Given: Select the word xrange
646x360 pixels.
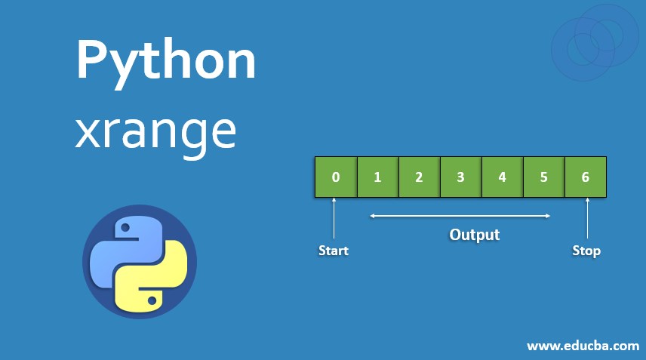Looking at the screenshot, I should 155,133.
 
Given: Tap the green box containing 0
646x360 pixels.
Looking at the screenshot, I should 335,177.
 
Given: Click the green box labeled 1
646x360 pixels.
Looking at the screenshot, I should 377,177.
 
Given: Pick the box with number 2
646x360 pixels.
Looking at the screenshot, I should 419,177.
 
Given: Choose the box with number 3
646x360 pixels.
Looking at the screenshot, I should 460,177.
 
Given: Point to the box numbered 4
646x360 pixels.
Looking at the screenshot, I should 502,177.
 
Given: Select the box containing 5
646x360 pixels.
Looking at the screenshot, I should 543,177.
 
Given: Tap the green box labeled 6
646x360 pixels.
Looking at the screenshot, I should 586,177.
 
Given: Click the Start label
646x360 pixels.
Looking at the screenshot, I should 334,251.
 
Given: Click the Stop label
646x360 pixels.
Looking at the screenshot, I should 586,251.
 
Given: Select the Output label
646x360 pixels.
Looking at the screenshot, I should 475,235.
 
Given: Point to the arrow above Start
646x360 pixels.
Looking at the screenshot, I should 334,219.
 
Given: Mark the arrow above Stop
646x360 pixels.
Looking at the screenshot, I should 587,219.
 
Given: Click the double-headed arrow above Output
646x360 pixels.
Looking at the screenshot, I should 460,216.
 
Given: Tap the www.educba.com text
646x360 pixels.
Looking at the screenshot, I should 583,346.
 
